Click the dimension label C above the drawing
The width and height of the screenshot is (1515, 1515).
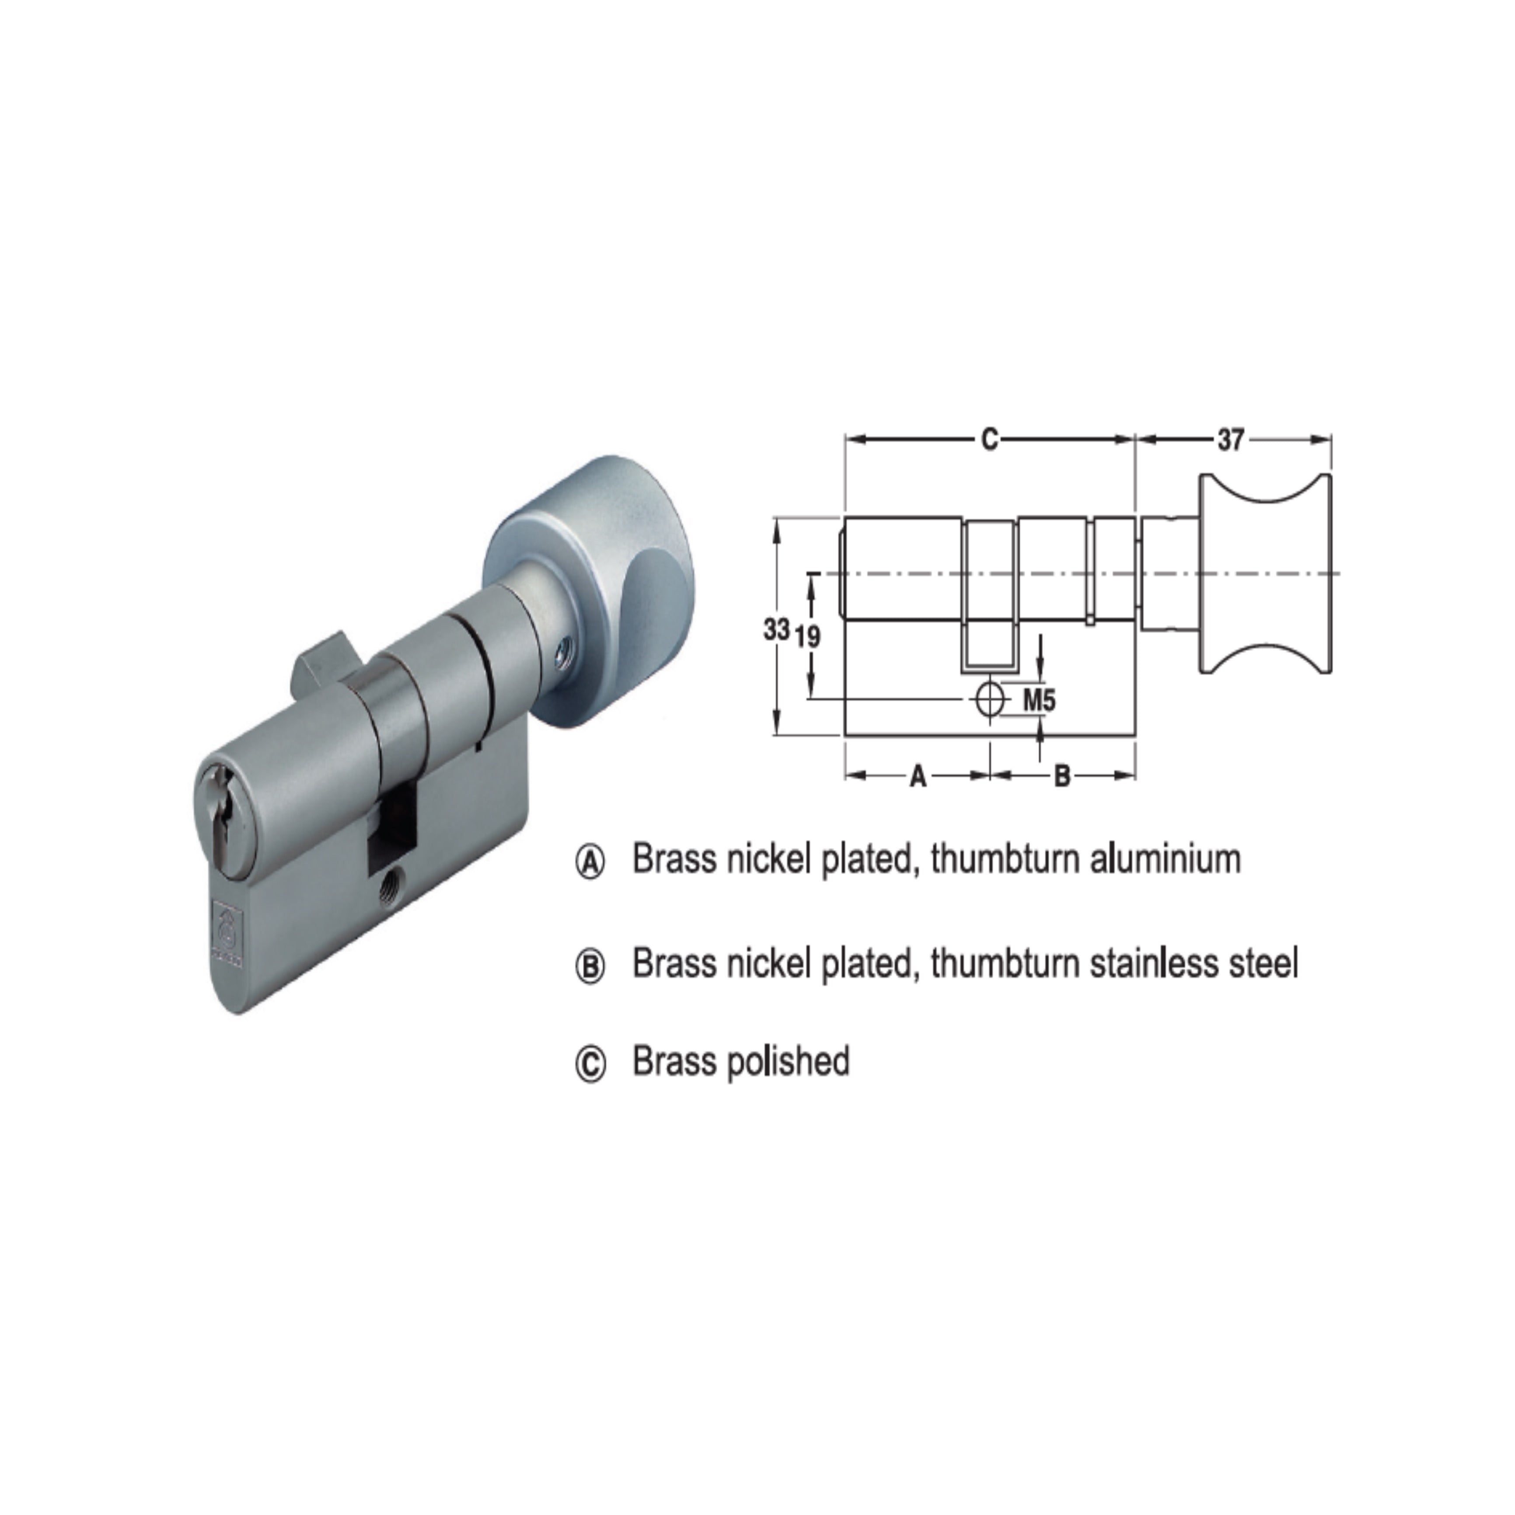coord(990,440)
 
